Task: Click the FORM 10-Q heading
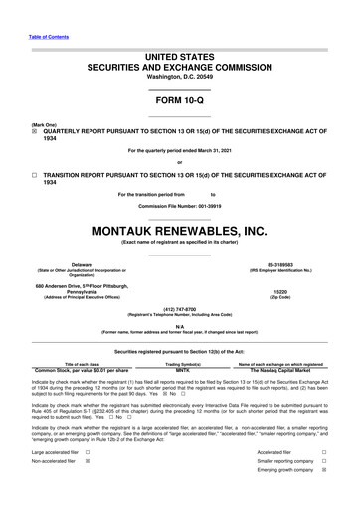[x=179, y=102]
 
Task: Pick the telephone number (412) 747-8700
[x=179, y=281]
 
